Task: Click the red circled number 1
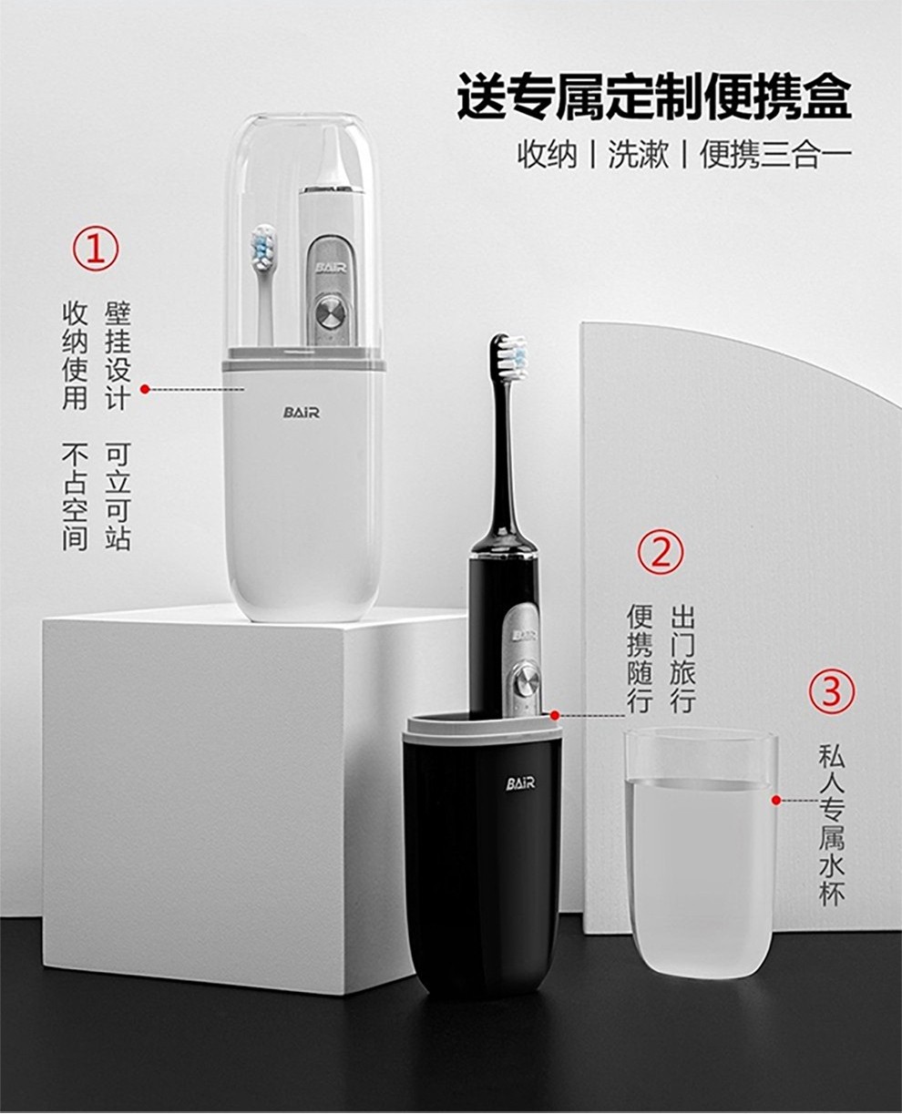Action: click(x=96, y=248)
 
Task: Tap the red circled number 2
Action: click(x=661, y=553)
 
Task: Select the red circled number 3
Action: click(x=832, y=692)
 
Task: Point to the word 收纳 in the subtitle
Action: click(x=548, y=156)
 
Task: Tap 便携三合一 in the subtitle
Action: click(x=775, y=156)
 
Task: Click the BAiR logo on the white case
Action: click(x=302, y=413)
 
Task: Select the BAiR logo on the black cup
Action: click(x=520, y=783)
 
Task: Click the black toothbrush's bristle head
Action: click(x=509, y=353)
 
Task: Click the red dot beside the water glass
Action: click(x=776, y=800)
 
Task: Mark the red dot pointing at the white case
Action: click(x=146, y=389)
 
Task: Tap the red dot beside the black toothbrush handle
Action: click(x=555, y=715)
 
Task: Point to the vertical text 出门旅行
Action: click(x=682, y=659)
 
